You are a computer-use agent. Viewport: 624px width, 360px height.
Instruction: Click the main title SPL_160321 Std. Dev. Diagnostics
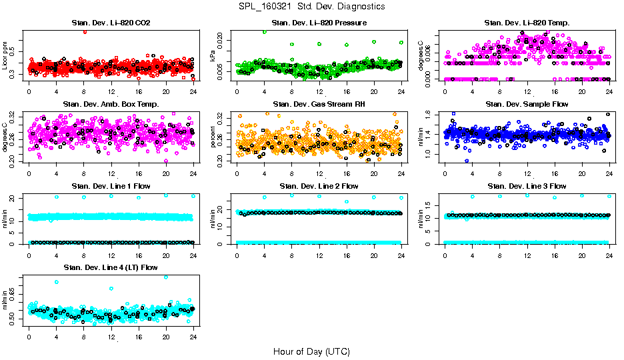tap(311, 7)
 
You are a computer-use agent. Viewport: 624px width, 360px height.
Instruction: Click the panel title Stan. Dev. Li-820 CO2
tap(111, 23)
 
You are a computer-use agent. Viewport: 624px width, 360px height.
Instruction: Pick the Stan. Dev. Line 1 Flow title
tap(111, 186)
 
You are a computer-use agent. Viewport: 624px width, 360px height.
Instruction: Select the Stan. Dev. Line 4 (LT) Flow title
tap(111, 267)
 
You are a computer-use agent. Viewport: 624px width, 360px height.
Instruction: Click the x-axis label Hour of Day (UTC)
tap(311, 351)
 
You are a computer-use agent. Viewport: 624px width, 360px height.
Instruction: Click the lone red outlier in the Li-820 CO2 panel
tap(84, 31)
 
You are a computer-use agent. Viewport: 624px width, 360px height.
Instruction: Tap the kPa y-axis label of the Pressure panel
tap(213, 58)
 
